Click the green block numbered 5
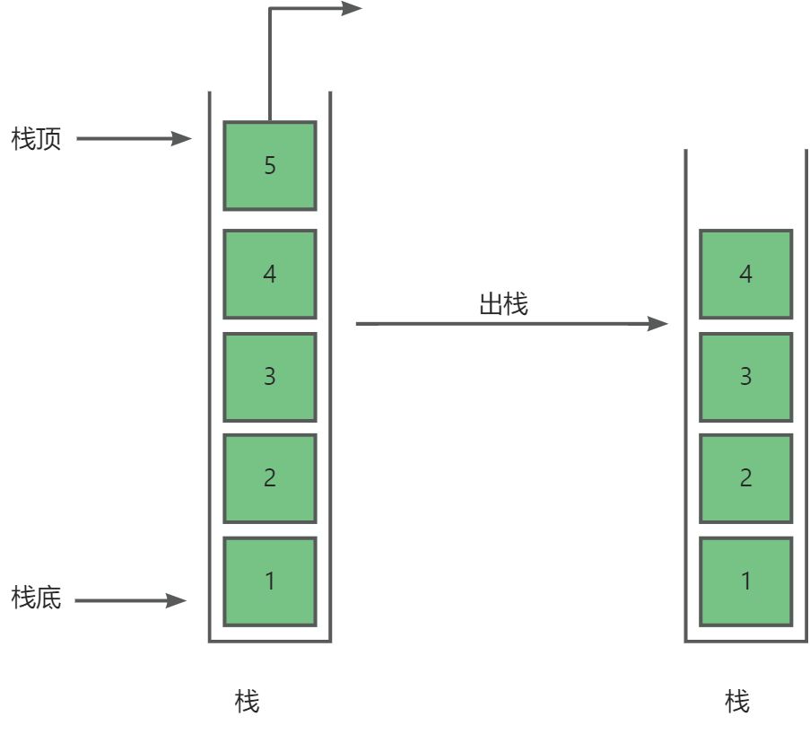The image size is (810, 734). click(270, 165)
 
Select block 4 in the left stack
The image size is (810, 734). click(270, 274)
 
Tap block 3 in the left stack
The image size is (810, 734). click(270, 377)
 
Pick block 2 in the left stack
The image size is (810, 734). click(270, 478)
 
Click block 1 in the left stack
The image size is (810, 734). click(270, 581)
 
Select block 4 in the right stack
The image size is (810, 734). click(745, 274)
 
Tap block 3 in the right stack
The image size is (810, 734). click(745, 377)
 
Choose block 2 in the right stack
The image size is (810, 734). click(745, 478)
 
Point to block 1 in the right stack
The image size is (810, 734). click(745, 581)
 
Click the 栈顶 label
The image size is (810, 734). click(37, 140)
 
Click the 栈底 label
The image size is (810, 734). click(37, 598)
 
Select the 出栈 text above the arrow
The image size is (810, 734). click(503, 304)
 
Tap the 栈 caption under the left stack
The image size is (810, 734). click(247, 701)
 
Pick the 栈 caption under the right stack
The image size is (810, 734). click(736, 701)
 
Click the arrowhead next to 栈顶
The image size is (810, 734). click(184, 139)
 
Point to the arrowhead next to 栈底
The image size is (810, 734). click(178, 600)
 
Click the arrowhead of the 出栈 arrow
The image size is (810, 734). click(659, 323)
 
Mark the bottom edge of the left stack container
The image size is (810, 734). click(270, 641)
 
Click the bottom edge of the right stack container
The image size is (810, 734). click(745, 641)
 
